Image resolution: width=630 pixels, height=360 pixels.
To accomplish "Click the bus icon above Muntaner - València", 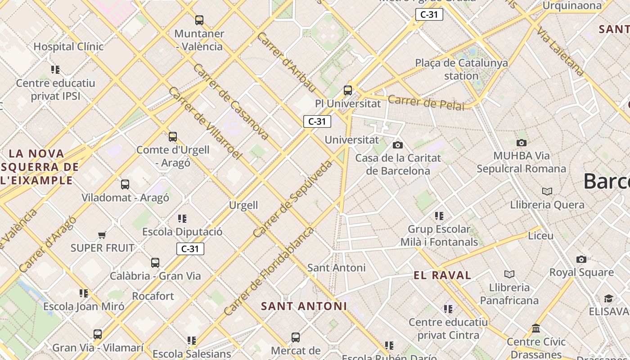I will (x=199, y=20).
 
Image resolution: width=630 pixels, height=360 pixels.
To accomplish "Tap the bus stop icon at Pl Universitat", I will (x=348, y=90).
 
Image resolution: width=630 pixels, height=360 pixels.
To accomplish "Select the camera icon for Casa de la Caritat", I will (x=398, y=145).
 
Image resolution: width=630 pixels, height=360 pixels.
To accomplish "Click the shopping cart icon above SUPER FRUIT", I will (x=102, y=235).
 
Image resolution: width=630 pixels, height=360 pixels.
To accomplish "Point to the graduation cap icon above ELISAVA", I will (x=608, y=298).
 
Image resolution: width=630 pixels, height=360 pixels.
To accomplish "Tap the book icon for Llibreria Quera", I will (x=547, y=192).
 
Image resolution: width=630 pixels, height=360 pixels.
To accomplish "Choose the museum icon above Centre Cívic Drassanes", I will (x=536, y=328).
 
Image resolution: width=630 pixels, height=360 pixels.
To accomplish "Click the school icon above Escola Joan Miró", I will (x=84, y=293).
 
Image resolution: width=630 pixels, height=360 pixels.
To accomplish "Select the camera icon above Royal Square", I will (x=581, y=259).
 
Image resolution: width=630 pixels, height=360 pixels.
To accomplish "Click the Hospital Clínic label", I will (x=68, y=47).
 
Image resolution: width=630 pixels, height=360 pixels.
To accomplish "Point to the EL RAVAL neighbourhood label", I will (x=442, y=275).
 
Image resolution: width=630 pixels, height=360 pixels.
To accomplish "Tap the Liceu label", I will (x=541, y=236).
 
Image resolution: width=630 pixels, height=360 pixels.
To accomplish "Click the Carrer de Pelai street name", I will (x=426, y=103).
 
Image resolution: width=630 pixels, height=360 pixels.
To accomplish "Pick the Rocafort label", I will (x=153, y=296).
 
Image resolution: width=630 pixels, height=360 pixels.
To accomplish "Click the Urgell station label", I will (x=243, y=206).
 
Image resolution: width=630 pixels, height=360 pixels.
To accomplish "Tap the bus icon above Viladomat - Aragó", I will (x=125, y=184).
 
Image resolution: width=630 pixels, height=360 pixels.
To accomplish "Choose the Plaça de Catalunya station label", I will (x=461, y=69).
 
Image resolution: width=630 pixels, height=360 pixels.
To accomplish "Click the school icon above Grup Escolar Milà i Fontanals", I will (x=439, y=216).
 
